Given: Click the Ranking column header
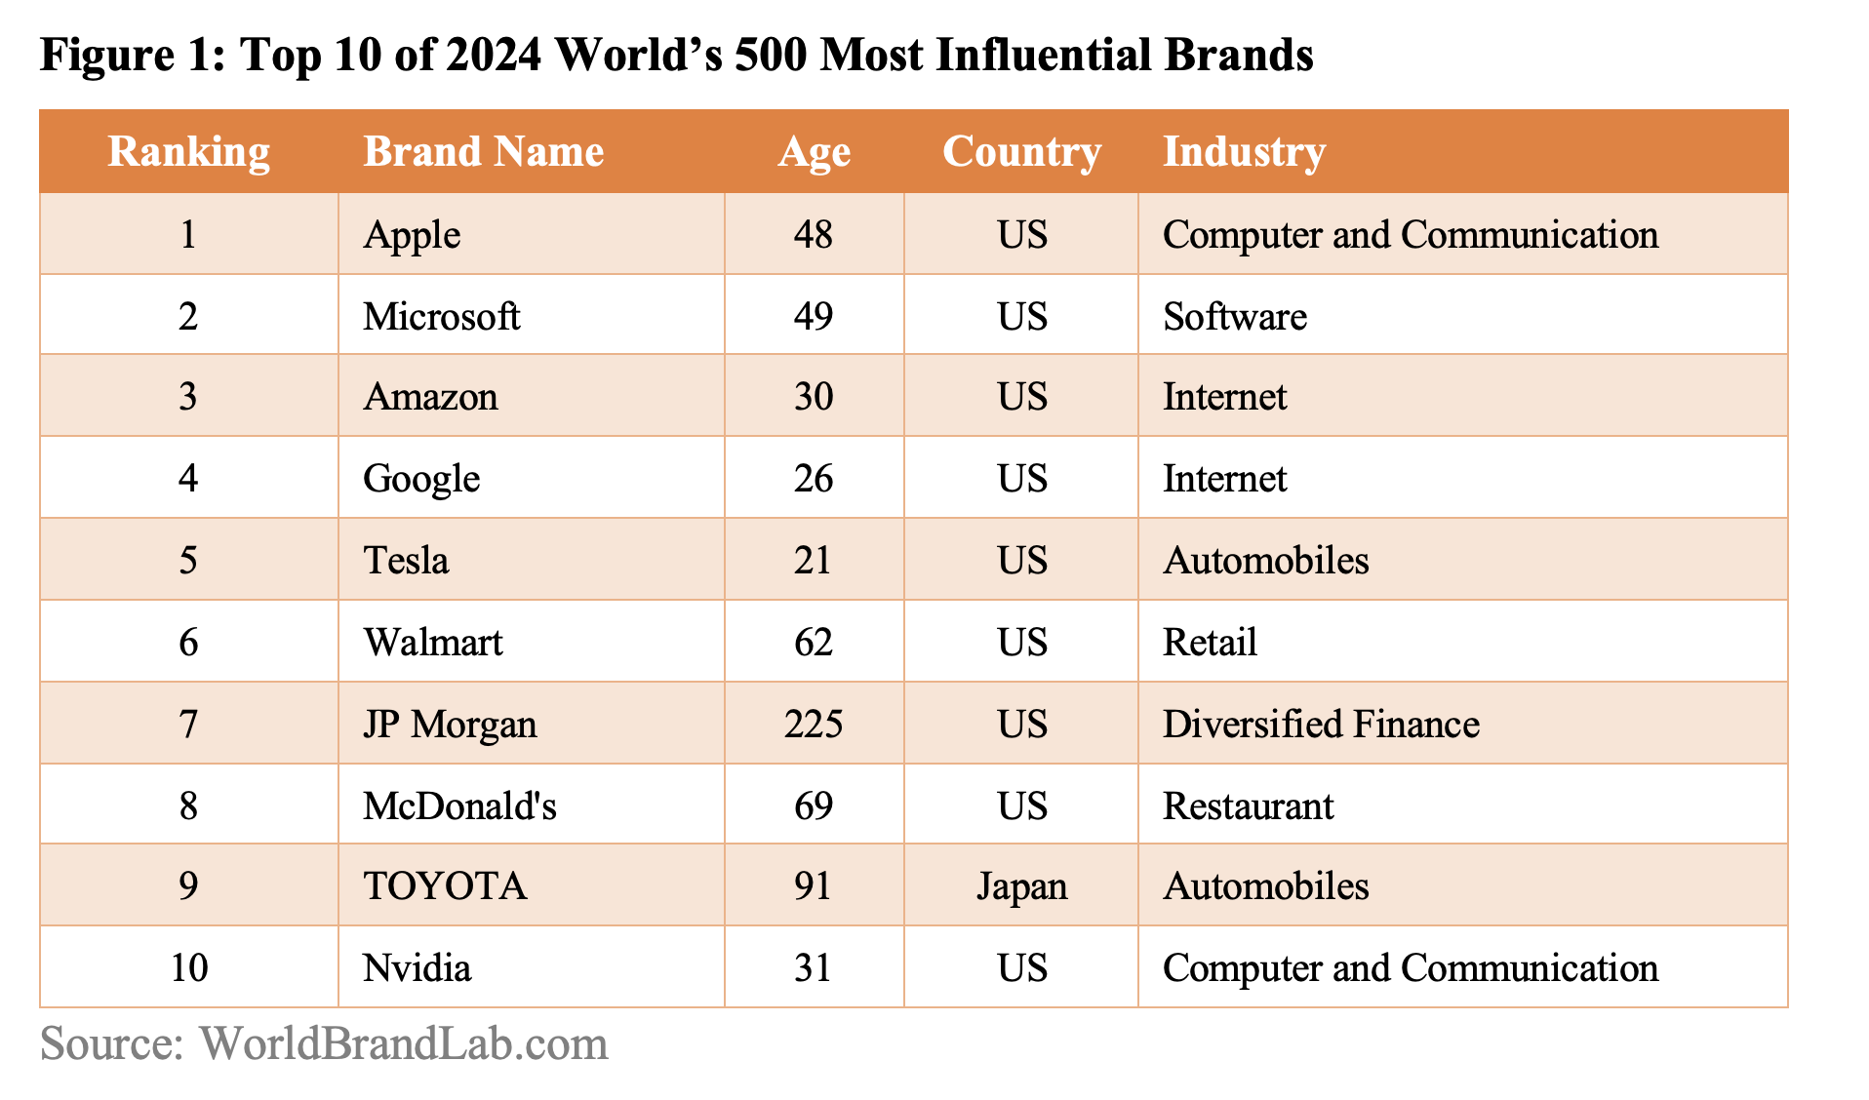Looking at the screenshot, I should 188,152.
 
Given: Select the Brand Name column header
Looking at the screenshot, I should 484,152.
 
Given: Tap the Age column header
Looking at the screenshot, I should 814,152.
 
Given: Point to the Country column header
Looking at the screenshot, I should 1021,152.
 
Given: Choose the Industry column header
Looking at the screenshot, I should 1244,152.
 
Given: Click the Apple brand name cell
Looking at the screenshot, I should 412,235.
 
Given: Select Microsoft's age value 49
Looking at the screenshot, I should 814,316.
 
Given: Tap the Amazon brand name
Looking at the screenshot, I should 430,397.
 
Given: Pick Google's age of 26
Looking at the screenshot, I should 814,479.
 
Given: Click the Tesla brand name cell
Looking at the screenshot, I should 406,561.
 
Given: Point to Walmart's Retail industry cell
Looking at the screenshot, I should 1210,643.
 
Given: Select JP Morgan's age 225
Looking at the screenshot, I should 814,725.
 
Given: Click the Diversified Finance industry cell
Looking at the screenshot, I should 1321,725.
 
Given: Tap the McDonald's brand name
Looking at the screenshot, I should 459,806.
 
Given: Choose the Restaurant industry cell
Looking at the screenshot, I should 1248,806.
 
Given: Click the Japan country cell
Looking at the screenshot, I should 1021,886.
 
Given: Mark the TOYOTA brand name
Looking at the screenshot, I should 445,886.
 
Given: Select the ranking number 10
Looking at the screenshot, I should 188,968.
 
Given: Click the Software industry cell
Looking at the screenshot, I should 1235,316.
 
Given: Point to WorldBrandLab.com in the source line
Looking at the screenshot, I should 404,1043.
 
